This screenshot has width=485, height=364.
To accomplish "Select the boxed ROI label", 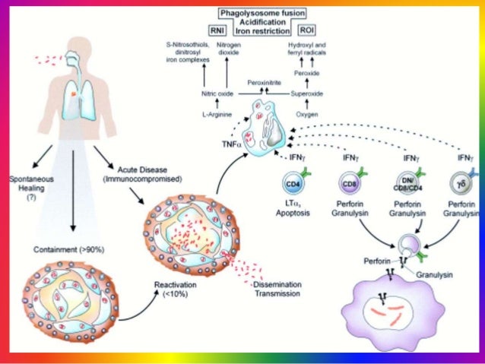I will pyautogui.click(x=307, y=31).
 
